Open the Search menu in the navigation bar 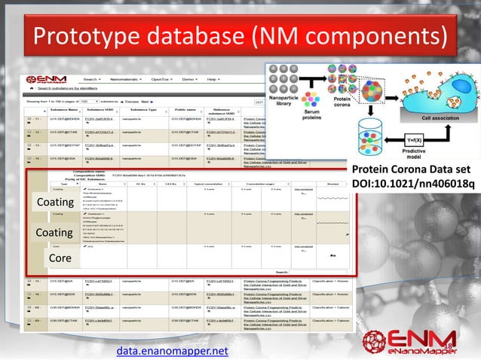pyautogui.click(x=91, y=79)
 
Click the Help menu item pyautogui.click(x=213, y=79)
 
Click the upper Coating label pyautogui.click(x=54, y=203)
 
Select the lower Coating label pyautogui.click(x=54, y=233)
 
